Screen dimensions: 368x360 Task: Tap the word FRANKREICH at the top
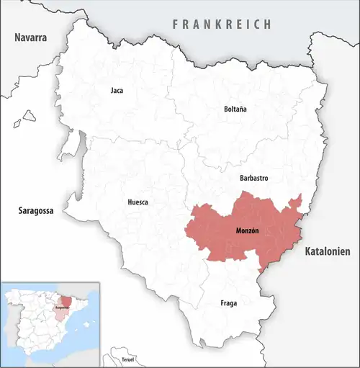pos(222,24)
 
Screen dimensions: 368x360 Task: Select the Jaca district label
pos(117,91)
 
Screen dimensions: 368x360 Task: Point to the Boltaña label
pos(235,109)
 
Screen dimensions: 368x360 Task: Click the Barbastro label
pos(253,176)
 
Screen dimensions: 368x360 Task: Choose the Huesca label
pos(138,202)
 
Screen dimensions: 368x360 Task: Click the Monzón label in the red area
pos(247,230)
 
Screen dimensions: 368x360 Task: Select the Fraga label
pos(228,303)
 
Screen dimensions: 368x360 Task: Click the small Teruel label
pos(128,359)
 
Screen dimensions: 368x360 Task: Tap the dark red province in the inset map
pos(66,300)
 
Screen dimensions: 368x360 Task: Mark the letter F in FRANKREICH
pos(175,24)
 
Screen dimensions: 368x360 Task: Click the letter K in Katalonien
pos(308,252)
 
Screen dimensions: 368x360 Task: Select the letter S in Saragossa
pos(20,212)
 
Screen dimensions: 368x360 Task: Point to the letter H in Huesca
pos(129,202)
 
